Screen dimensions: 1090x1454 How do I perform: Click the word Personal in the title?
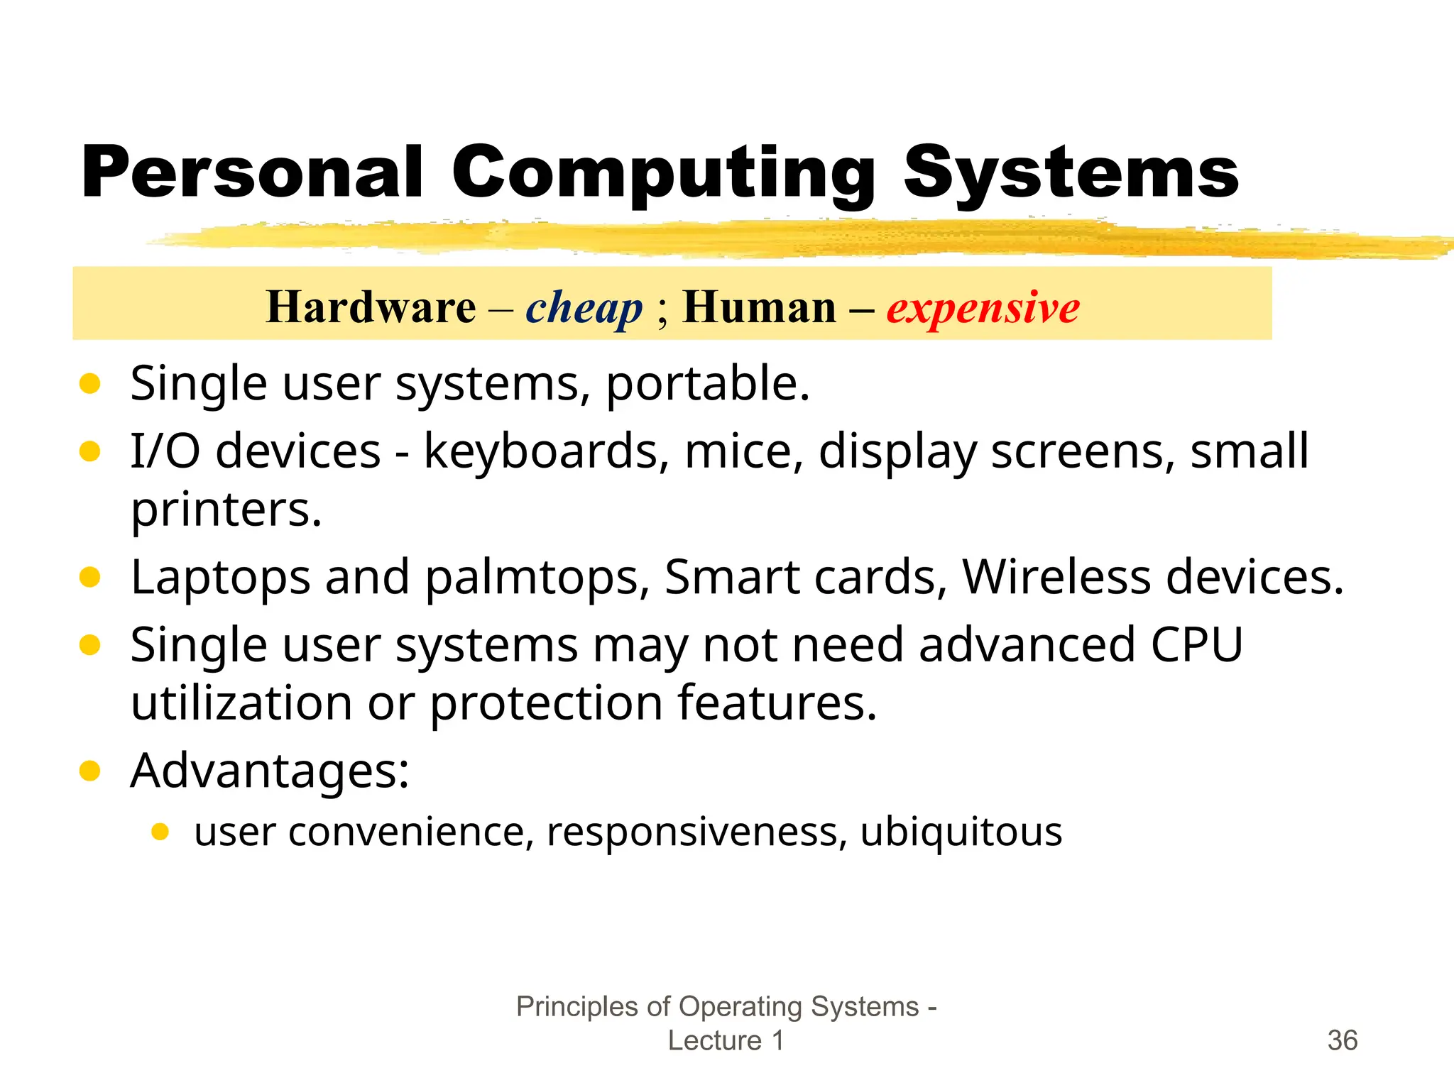click(x=252, y=172)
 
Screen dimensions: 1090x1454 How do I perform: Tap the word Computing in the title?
click(x=663, y=174)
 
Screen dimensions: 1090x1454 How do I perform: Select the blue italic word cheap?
click(x=584, y=308)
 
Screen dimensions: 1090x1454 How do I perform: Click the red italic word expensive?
click(x=983, y=308)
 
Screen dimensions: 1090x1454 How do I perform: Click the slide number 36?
click(x=1342, y=1040)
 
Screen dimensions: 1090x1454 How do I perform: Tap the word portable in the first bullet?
click(x=707, y=383)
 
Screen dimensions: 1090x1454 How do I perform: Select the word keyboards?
click(x=545, y=451)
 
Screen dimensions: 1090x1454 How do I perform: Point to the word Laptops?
click(x=220, y=577)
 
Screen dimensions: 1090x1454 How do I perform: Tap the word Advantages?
click(x=269, y=771)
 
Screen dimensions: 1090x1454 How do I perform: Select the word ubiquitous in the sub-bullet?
click(x=961, y=832)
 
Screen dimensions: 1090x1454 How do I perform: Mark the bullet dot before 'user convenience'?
click(x=160, y=832)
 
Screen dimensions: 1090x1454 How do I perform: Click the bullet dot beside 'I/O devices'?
click(x=90, y=451)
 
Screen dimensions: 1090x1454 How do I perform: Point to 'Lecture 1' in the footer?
click(x=726, y=1040)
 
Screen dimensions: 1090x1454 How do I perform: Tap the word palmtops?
click(x=537, y=578)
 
